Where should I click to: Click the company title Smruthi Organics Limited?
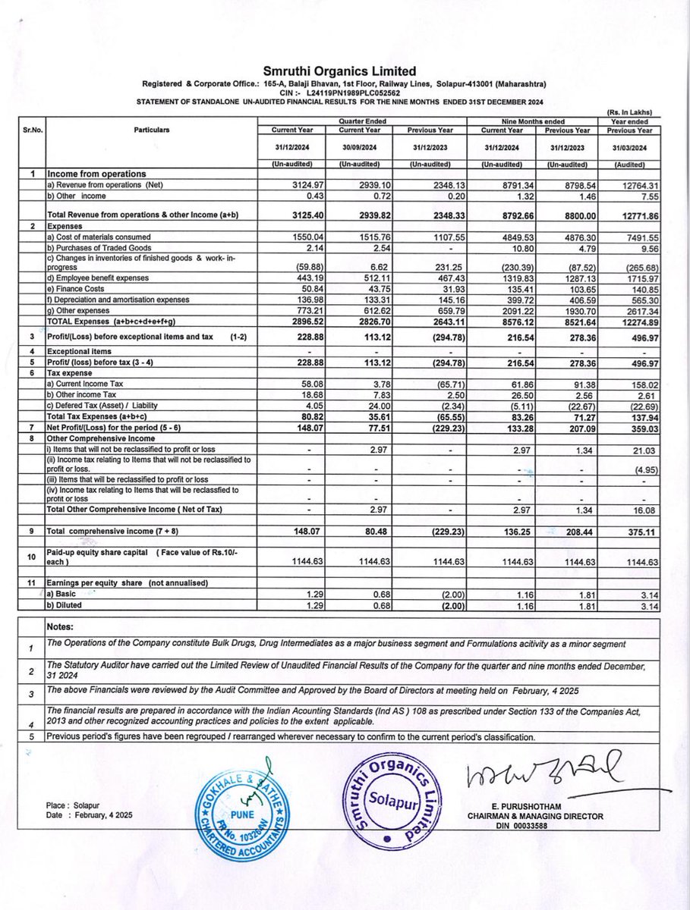[x=344, y=69]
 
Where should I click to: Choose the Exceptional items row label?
[x=80, y=351]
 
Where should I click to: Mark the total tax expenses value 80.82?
[x=295, y=416]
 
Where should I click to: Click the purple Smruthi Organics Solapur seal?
[x=387, y=800]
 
